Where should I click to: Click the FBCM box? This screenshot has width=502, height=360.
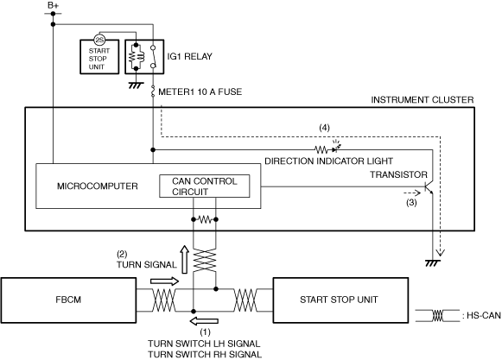tap(68, 300)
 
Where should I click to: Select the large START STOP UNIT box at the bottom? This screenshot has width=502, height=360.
tap(340, 300)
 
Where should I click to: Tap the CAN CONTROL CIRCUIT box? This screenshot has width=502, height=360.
tap(205, 186)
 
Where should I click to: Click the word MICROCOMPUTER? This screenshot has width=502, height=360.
tap(98, 186)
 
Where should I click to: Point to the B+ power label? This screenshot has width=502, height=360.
tap(54, 5)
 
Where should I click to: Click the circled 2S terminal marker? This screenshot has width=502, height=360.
tap(99, 40)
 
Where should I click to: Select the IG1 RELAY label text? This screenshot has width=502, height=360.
tap(189, 56)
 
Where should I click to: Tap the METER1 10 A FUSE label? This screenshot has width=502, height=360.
tap(200, 92)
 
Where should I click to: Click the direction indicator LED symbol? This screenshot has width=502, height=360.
tap(335, 148)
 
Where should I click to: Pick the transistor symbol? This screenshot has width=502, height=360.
tap(429, 187)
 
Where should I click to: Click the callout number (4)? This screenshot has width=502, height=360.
tap(324, 128)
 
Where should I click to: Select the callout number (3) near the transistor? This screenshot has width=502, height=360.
tap(411, 203)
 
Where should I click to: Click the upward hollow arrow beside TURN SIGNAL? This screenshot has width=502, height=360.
tap(184, 260)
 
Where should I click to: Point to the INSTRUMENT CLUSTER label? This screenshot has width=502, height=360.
tap(423, 100)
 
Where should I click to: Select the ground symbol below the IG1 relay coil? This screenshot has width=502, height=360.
tap(136, 85)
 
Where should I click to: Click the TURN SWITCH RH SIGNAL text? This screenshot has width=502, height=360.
tap(205, 355)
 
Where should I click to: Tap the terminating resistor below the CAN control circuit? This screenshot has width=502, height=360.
tap(205, 219)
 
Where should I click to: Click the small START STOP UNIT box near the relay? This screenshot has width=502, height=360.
tap(99, 57)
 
